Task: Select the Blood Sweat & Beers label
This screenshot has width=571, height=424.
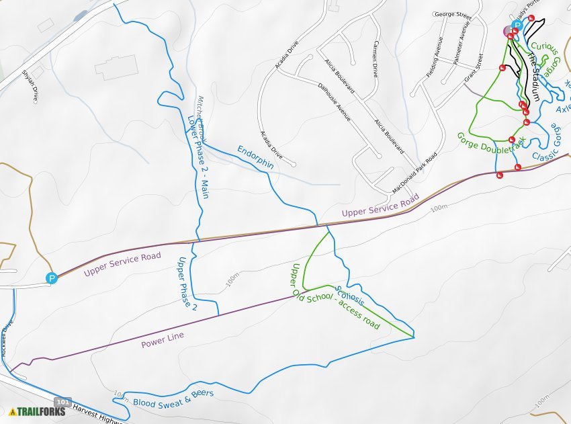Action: point(173,398)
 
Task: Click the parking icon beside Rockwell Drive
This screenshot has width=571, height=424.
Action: point(51,278)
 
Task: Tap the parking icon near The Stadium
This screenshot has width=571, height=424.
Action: point(517,25)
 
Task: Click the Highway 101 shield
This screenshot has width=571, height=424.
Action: point(62,402)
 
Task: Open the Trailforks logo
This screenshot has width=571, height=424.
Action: point(38,411)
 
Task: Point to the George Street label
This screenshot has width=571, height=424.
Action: point(453,14)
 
